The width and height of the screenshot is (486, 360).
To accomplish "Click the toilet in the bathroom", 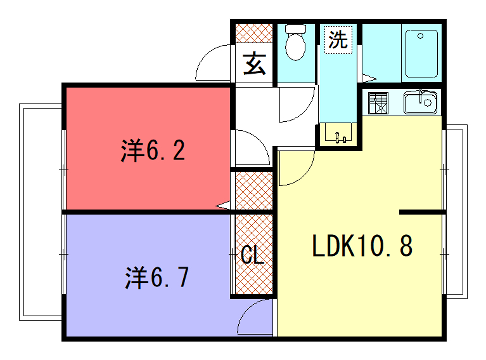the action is tap(295, 43).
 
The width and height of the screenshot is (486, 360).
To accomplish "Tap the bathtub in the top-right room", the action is tap(421, 54).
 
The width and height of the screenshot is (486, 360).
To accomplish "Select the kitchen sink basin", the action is tap(420, 102).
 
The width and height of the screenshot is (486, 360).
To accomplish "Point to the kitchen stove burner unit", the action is tap(378, 103).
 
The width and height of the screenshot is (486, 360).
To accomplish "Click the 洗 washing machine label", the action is tap(338, 39).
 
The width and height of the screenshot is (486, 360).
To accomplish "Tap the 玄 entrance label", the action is tap(255, 63).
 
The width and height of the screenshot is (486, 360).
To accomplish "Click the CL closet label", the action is tap(253, 255).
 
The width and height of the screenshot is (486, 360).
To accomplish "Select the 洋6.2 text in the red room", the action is tap(153, 150).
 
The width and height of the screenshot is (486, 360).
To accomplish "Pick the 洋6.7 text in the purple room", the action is tap(157, 277).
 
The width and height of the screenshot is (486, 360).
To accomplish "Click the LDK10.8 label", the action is tap(362, 246).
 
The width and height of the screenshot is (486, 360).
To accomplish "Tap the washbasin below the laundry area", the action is tap(338, 134).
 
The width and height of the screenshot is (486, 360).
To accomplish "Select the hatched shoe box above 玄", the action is tap(254, 33).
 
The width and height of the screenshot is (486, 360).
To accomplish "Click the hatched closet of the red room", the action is tap(254, 191).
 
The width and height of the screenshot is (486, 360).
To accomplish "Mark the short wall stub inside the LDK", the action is tap(421, 212).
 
